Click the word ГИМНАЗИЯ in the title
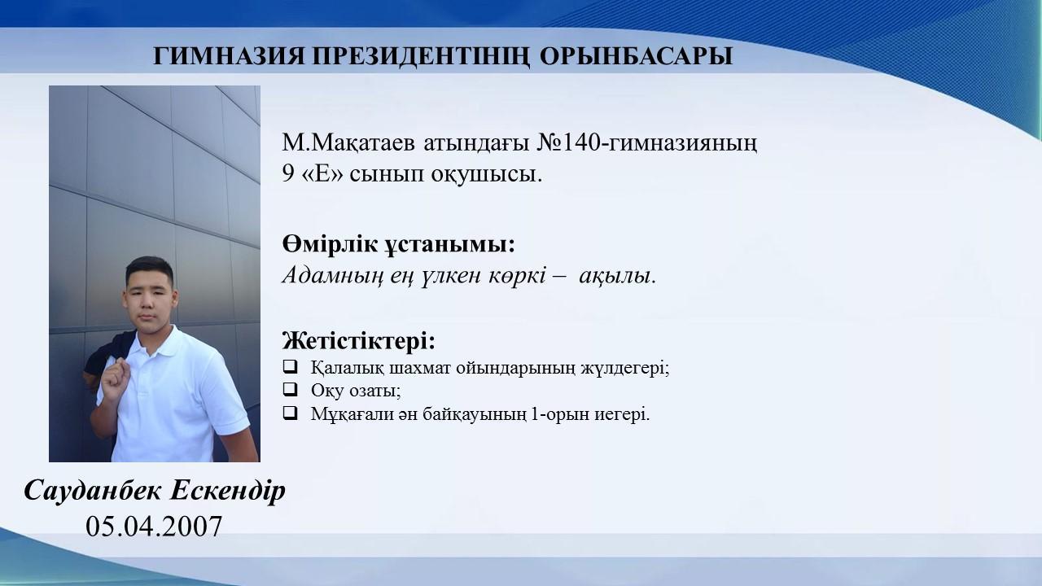click(x=229, y=56)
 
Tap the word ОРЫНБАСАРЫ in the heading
click(x=637, y=56)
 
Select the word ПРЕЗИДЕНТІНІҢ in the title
click(x=422, y=57)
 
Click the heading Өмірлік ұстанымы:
click(x=399, y=244)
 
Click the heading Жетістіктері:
click(x=359, y=340)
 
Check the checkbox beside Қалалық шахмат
click(x=290, y=366)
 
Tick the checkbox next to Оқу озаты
click(x=290, y=389)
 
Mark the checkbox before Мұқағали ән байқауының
click(x=290, y=412)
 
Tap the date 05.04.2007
click(x=154, y=527)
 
